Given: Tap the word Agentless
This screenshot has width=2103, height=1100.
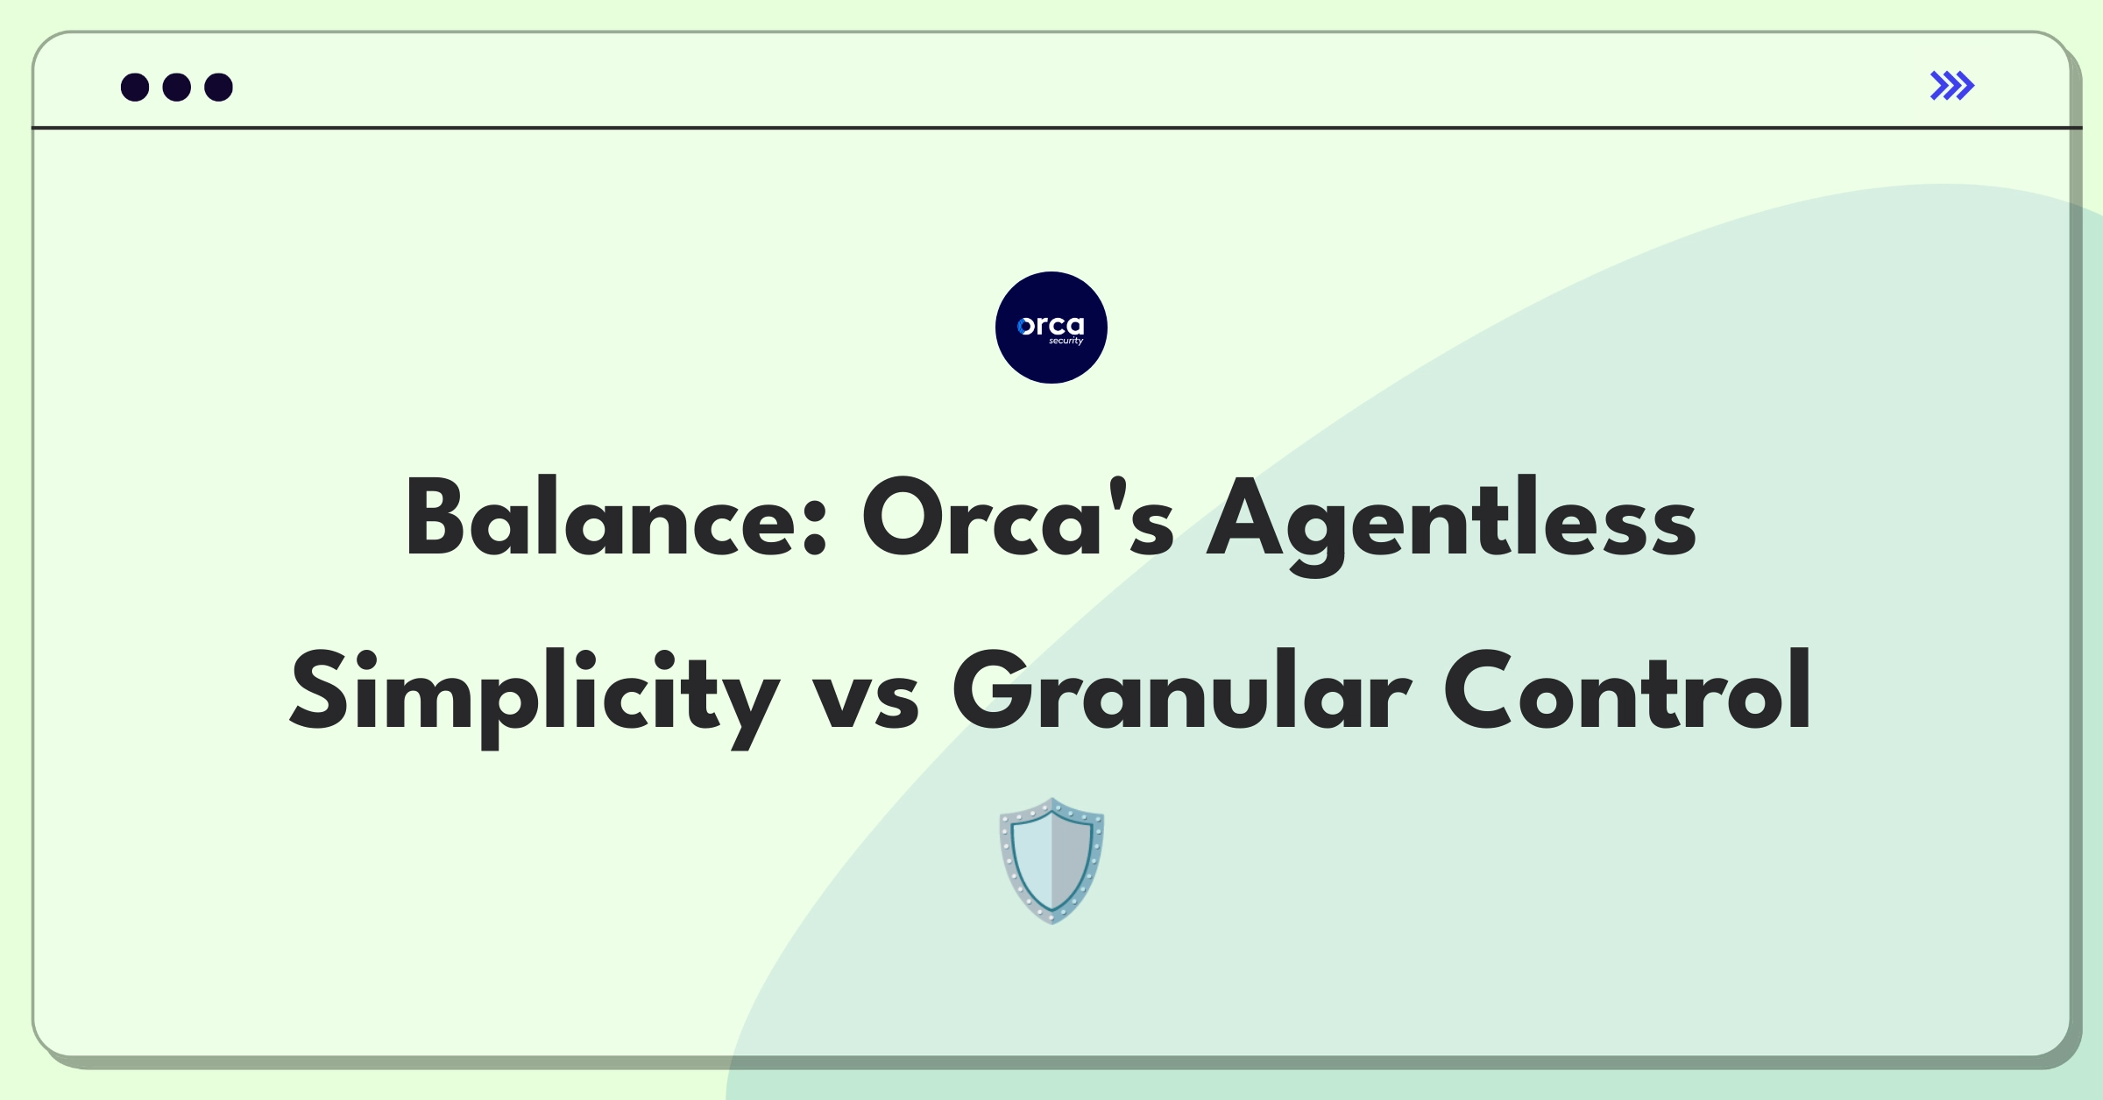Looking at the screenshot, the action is pos(1451,524).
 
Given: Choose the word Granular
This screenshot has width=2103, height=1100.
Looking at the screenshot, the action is pos(1182,691).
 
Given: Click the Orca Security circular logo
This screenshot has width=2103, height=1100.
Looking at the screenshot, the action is pos(1051,328).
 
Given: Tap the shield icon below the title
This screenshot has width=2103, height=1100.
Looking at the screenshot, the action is pos(1051,860).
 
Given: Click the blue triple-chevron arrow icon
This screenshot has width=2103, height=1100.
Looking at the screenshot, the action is pos(1952,86).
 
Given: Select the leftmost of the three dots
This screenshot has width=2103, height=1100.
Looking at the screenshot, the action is pos(135,87).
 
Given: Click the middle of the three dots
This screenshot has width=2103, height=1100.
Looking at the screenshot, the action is pos(177,87).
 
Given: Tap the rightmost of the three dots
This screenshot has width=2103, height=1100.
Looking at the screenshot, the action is pos(219,87).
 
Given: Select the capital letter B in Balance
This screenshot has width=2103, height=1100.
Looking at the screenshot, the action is pos(435,518).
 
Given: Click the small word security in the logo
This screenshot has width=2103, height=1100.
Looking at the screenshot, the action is pos(1066,341).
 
